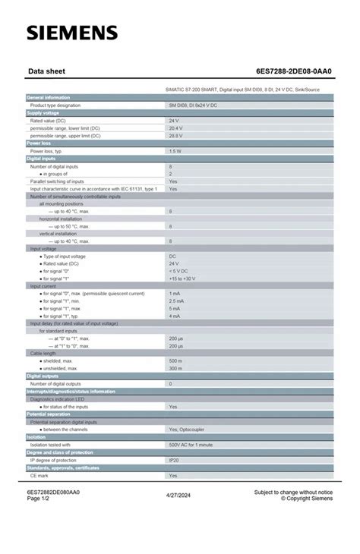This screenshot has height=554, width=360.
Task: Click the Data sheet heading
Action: click(46, 71)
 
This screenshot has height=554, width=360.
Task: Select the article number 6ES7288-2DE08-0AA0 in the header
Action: click(289, 71)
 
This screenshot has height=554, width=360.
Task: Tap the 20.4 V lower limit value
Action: click(175, 127)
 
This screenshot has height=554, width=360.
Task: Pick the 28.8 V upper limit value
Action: click(175, 135)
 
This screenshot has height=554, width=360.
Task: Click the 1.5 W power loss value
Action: click(175, 151)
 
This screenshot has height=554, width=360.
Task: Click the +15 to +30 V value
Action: click(184, 279)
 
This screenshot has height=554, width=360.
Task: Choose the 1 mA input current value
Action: click(175, 294)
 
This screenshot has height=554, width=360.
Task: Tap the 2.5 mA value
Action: click(176, 301)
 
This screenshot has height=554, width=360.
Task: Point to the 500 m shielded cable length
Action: click(175, 361)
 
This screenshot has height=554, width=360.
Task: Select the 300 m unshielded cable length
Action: click(175, 369)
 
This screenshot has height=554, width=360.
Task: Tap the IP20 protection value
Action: click(174, 460)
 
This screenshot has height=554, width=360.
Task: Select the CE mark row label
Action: click(40, 475)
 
